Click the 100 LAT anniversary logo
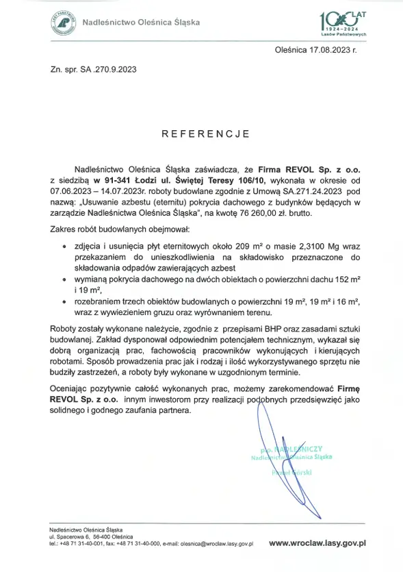tap(343, 23)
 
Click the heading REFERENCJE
tap(201, 134)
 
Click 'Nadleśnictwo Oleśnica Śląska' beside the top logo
tap(141, 22)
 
